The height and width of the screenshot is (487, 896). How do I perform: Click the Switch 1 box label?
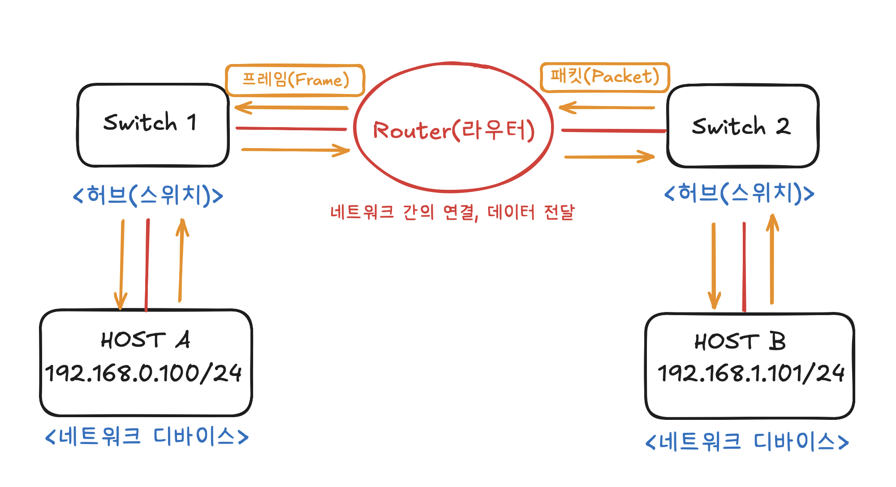tap(150, 122)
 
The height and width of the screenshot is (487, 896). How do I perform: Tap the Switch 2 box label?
tap(741, 126)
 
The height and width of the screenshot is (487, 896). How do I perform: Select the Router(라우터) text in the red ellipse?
tap(453, 130)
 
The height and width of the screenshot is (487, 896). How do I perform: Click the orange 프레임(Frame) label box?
tap(295, 80)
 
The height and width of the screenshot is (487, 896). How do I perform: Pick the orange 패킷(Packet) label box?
tap(604, 77)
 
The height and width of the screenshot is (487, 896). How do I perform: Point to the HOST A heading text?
tap(145, 340)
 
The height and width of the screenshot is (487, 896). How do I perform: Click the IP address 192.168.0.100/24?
tap(143, 373)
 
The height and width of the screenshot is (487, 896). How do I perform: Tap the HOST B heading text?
tap(740, 342)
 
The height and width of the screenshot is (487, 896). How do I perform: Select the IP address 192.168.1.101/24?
tap(751, 373)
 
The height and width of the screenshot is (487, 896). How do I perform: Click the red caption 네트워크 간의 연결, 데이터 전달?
tap(452, 212)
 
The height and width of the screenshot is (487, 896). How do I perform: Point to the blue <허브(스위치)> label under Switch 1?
tap(148, 195)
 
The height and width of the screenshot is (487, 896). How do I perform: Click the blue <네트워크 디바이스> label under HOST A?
tap(147, 436)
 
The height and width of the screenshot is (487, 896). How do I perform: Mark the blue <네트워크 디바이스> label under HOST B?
tap(747, 442)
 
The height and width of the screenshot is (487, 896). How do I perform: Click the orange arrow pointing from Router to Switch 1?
tap(291, 107)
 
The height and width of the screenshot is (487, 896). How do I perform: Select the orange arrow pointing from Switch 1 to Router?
tap(296, 150)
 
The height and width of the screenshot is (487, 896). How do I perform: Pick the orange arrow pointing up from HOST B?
tap(772, 260)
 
